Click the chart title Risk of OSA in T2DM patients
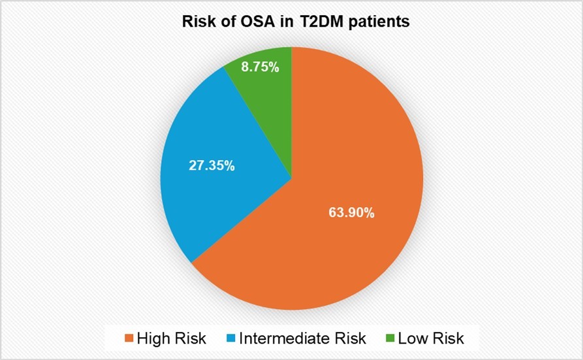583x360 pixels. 295,22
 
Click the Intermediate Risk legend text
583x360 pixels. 302,338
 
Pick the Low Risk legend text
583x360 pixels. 432,338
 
